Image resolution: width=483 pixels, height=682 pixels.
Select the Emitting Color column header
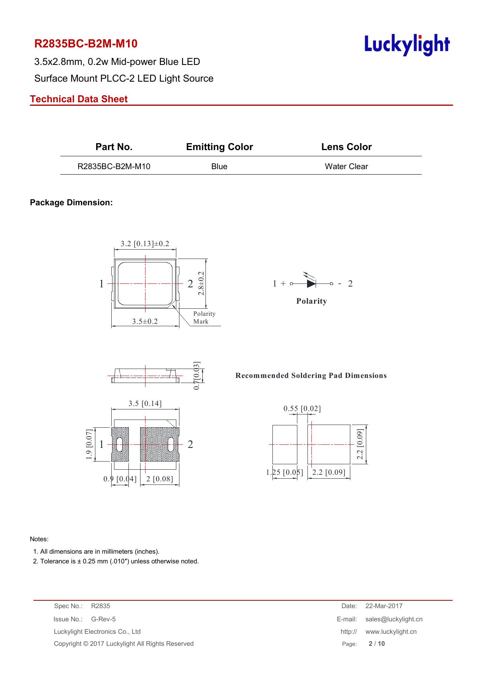pos(220,147)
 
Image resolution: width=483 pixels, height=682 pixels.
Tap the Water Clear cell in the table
pos(346,166)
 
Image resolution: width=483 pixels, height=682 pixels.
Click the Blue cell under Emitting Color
pos(219,166)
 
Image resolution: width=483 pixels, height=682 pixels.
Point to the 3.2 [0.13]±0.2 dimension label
pos(145,244)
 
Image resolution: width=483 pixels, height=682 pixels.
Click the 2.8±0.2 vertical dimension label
pos(201,283)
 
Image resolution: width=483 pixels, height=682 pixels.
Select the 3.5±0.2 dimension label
pos(145,321)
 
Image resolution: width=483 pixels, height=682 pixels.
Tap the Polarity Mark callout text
pos(204,317)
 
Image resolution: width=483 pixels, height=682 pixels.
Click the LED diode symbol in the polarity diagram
pos(311,283)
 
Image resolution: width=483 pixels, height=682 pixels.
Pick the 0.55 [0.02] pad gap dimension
pos(302,409)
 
